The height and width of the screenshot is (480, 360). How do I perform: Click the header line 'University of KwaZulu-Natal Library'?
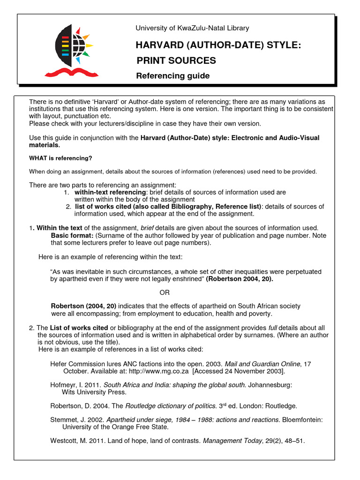pyautogui.click(x=192, y=28)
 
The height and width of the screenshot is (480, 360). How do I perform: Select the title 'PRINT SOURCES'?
pyautogui.click(x=176, y=60)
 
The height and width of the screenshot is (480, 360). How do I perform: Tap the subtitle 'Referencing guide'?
pyautogui.click(x=172, y=76)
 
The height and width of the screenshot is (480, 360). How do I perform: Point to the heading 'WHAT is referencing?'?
pyautogui.click(x=60, y=158)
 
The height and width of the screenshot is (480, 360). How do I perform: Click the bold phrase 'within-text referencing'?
pyautogui.click(x=110, y=192)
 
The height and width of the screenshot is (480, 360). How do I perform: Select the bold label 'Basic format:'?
pyautogui.click(x=72, y=235)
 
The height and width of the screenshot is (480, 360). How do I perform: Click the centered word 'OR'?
pyautogui.click(x=165, y=292)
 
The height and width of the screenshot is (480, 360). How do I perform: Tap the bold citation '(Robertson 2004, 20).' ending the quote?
pyautogui.click(x=240, y=279)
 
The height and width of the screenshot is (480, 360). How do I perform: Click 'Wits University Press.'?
pyautogui.click(x=94, y=392)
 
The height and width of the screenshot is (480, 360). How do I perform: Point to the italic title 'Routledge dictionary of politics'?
pyautogui.click(x=171, y=406)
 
